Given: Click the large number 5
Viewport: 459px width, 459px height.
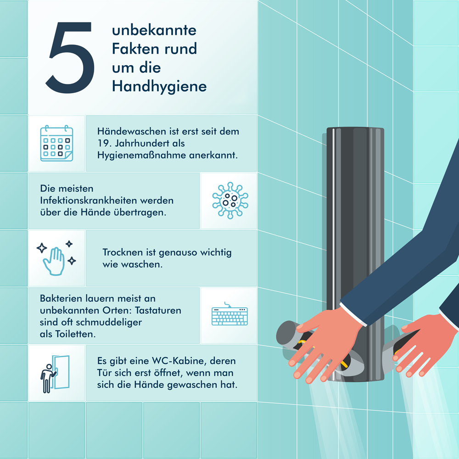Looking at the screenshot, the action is pos(70,57).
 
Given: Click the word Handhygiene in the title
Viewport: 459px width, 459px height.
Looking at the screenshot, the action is pos(159,87).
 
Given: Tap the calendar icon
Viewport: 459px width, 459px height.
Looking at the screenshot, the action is pos(56,143).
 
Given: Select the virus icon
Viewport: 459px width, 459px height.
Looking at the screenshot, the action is pos(230,201).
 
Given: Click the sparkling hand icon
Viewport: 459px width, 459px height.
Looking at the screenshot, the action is pos(56,258).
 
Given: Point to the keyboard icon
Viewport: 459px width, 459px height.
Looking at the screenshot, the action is pos(229,314).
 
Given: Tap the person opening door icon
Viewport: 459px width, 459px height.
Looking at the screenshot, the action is pos(55,374).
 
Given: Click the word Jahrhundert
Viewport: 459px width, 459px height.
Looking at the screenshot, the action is pos(150,143).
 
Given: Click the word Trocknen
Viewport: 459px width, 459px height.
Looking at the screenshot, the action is pos(123,252).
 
